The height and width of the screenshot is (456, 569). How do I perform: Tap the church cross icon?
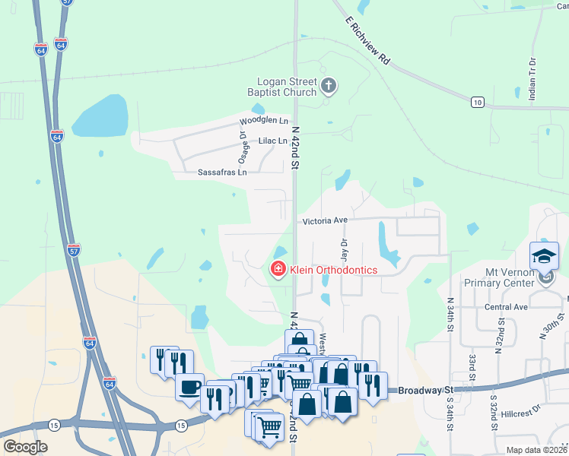(x=329, y=85)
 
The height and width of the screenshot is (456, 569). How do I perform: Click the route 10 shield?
(x=477, y=101)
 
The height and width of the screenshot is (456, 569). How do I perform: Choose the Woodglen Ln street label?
(x=264, y=121)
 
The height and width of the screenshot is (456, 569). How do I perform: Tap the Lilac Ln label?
(x=273, y=141)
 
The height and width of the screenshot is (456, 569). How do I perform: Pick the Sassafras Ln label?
(x=222, y=173)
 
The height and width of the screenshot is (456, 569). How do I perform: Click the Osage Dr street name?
(x=243, y=147)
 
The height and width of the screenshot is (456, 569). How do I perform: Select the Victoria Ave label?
(x=325, y=220)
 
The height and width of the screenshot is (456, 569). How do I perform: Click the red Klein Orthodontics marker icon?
(x=278, y=269)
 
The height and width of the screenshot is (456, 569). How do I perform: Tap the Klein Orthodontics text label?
(x=332, y=269)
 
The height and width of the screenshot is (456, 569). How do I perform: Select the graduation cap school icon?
(x=545, y=255)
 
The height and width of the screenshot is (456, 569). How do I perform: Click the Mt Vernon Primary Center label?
(x=524, y=278)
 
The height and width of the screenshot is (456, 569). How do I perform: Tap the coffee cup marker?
(x=189, y=385)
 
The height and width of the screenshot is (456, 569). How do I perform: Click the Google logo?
(x=25, y=447)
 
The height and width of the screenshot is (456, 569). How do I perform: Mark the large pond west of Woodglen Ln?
(x=100, y=116)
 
